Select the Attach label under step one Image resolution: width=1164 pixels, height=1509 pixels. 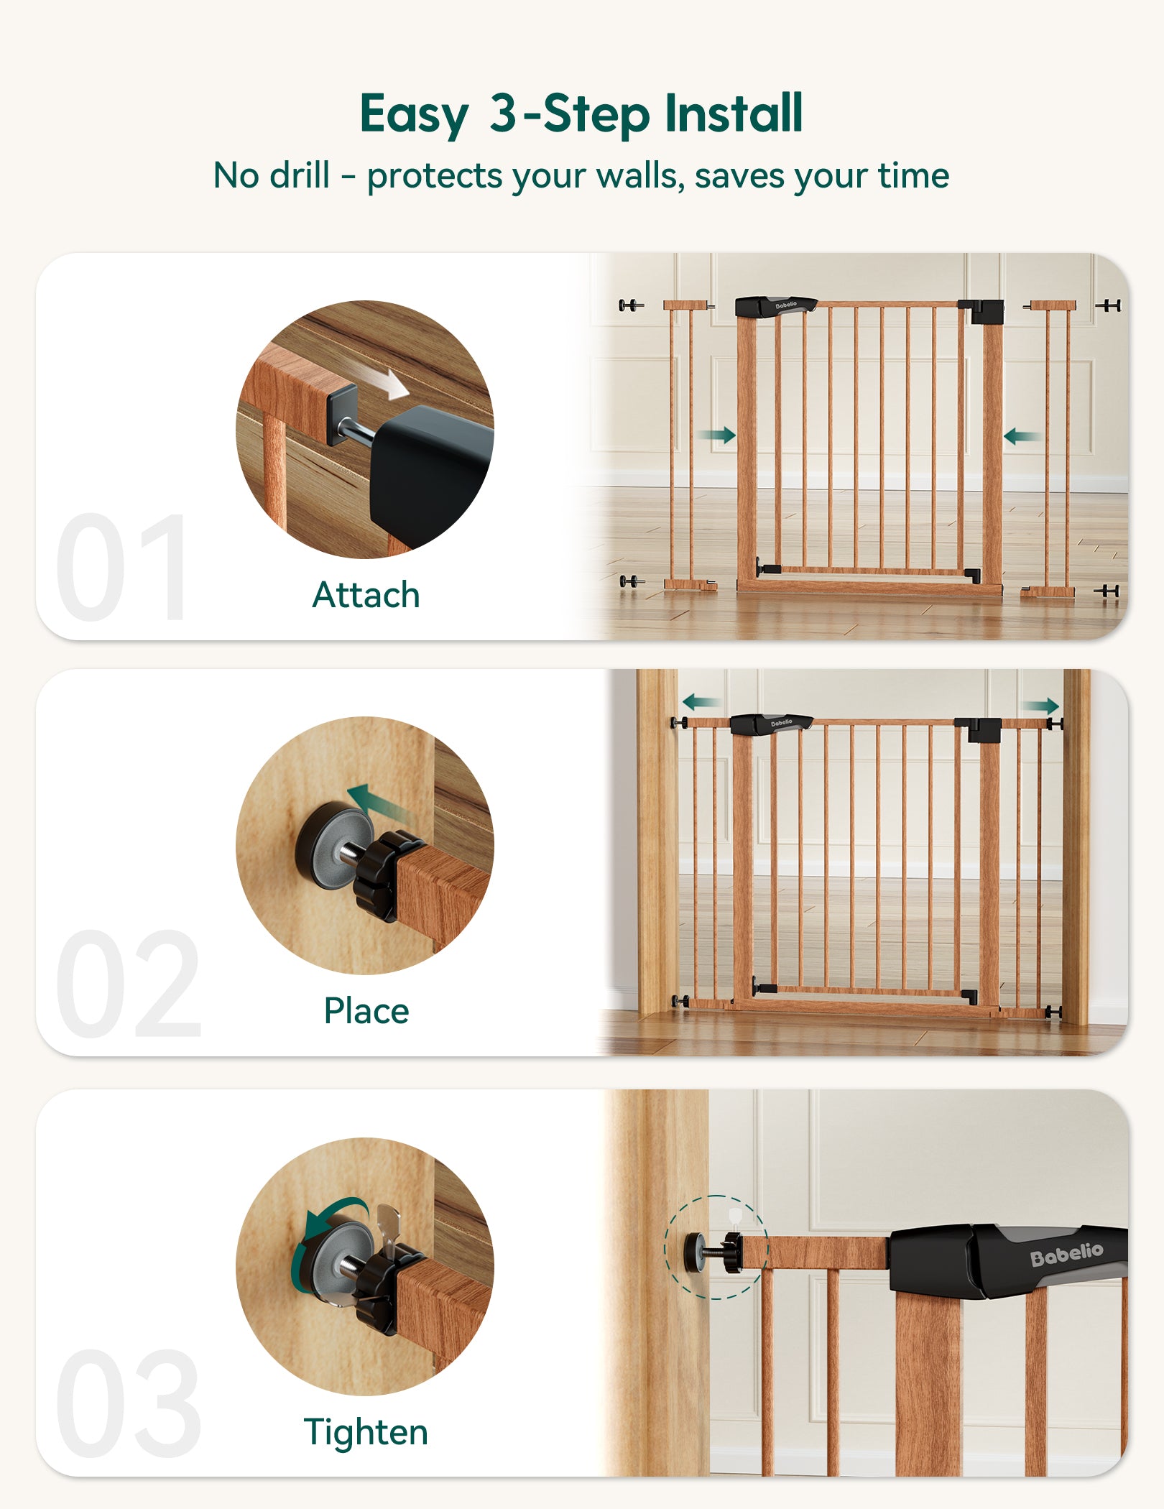click(x=366, y=595)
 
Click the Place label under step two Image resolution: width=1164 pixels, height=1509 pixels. click(x=366, y=1011)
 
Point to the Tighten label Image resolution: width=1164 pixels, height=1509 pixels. click(x=366, y=1431)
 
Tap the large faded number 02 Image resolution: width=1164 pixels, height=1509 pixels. click(x=128, y=984)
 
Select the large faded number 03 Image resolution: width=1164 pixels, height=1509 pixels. click(x=128, y=1405)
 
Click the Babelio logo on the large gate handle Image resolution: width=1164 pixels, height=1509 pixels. click(x=1066, y=1255)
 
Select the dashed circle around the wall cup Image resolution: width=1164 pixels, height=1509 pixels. click(x=716, y=1247)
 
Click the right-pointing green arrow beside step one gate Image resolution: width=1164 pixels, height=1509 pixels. click(x=716, y=435)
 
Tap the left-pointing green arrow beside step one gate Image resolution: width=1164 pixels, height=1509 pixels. click(x=1020, y=435)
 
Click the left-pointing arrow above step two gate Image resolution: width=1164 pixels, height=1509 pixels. click(x=700, y=702)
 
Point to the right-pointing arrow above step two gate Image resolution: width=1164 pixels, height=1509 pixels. click(x=1041, y=706)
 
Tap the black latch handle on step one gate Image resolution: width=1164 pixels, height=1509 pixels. click(x=776, y=306)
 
